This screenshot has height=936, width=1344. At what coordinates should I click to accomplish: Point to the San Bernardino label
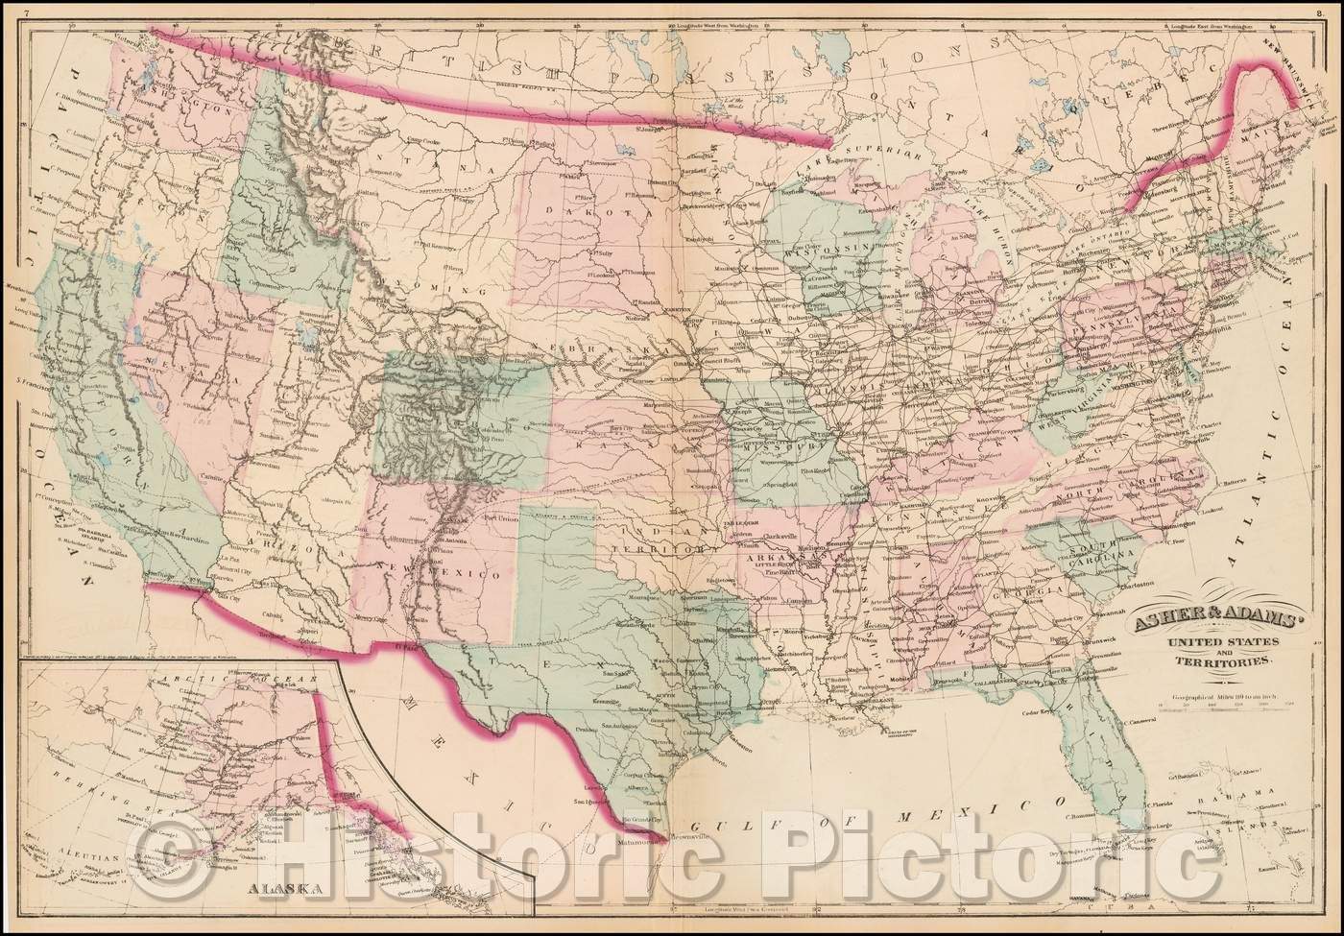pyautogui.click(x=177, y=533)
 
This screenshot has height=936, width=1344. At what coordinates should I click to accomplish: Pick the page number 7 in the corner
pyautogui.click(x=9, y=10)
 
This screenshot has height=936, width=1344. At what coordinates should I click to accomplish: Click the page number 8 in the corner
pyautogui.click(x=1333, y=10)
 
